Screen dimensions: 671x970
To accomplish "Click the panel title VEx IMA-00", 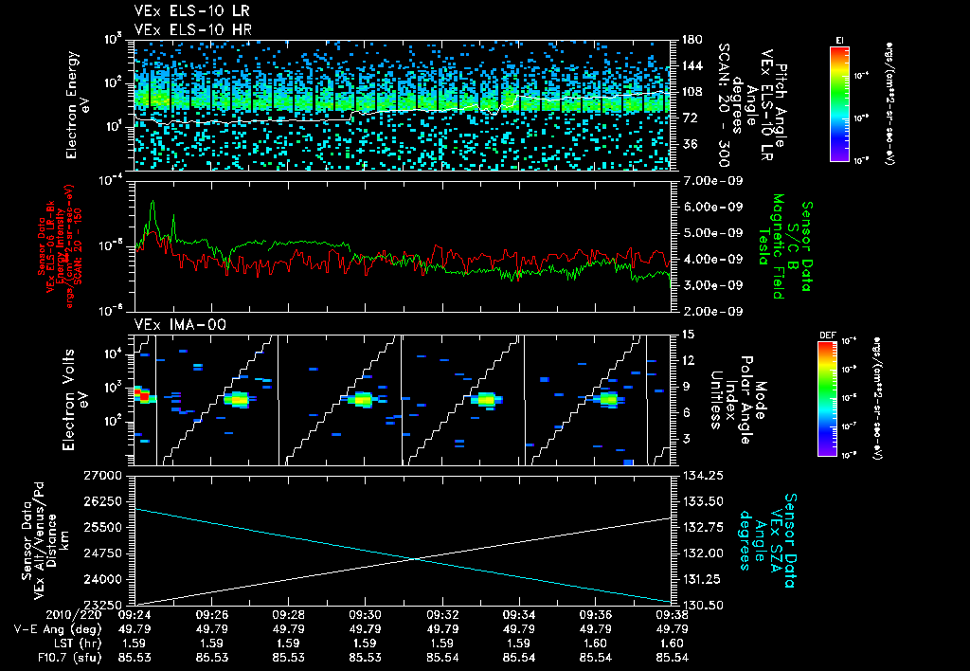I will click(171, 324).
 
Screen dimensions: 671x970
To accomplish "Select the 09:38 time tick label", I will click(671, 612).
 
